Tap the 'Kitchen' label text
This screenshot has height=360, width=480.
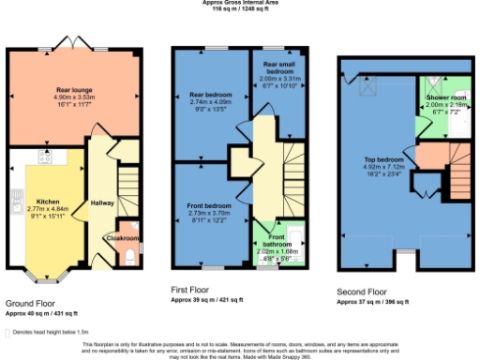coord(48,201)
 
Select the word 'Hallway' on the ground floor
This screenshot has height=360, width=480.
coord(101,202)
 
